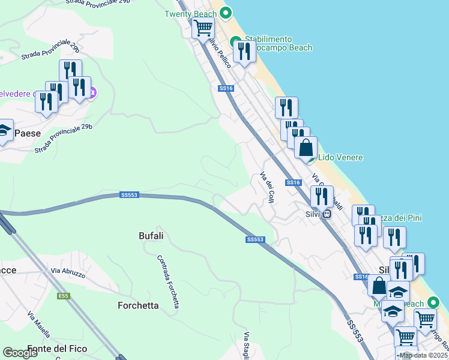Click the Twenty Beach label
tap(190, 13)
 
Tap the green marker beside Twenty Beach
tap(226, 12)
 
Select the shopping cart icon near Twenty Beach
tap(203, 27)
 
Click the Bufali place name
tap(151, 236)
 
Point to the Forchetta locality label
tap(138, 305)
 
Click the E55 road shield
tap(64, 296)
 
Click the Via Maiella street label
tap(39, 324)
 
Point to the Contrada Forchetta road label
tap(168, 281)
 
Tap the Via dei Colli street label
tap(267, 185)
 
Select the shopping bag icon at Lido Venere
tap(306, 147)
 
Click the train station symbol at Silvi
tap(327, 214)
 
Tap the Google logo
tap(20, 353)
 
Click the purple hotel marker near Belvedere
tap(92, 93)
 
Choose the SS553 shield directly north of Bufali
tap(129, 195)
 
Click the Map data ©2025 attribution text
tap(424, 355)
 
